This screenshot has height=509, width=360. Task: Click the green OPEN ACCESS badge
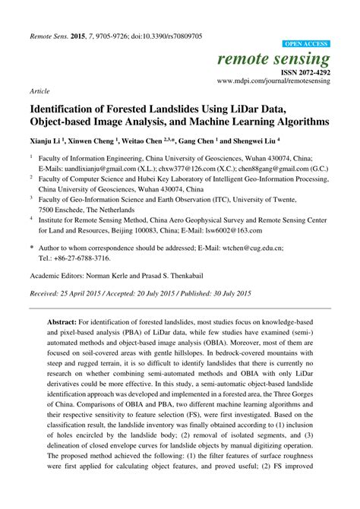306,45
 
